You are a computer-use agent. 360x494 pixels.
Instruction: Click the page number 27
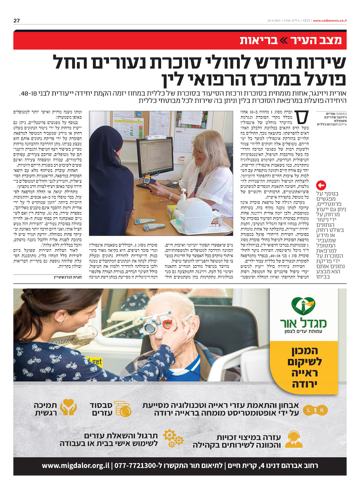point(16,21)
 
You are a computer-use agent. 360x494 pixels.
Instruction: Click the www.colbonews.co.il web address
point(330,21)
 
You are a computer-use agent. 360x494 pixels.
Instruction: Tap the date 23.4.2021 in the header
point(274,21)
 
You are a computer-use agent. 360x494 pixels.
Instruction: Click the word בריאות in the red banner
point(259,41)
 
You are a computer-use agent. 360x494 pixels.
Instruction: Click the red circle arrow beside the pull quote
point(321,185)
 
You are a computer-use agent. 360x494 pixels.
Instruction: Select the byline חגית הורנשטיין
point(68,277)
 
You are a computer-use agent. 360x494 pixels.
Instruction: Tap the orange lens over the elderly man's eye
point(167,324)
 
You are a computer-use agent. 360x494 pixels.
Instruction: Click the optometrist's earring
point(60,322)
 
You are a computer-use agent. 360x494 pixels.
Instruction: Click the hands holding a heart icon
point(68,408)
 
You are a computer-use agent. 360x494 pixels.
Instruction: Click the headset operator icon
point(294,440)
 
